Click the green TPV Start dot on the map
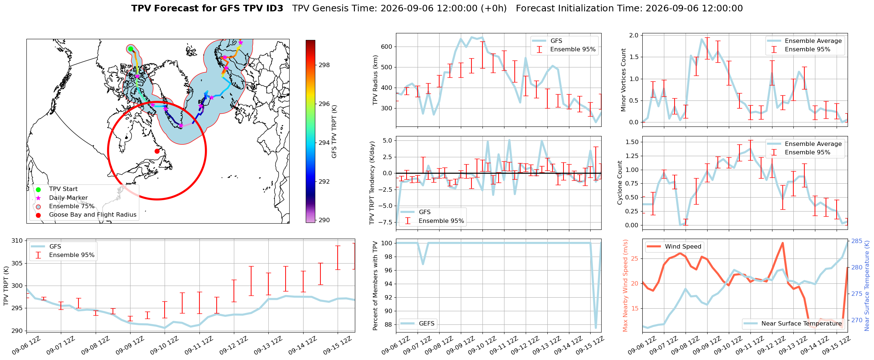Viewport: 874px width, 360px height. [131, 49]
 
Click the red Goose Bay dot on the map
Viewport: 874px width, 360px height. [157, 151]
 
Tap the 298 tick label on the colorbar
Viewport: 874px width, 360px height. [324, 65]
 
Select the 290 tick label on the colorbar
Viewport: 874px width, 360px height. [324, 220]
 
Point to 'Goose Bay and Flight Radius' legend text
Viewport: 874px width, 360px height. [93, 215]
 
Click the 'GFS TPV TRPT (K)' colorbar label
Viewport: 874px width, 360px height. [334, 132]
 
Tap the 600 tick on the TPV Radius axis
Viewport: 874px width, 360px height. [387, 47]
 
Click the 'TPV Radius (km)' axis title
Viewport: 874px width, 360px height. [375, 80]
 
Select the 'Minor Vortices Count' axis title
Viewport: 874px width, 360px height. [623, 80]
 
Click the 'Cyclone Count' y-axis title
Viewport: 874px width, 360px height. [620, 183]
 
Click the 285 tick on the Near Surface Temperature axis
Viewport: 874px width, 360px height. [857, 241]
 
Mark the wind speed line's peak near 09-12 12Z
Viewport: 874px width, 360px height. [782, 243]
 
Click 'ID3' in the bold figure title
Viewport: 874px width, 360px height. [274, 8]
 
